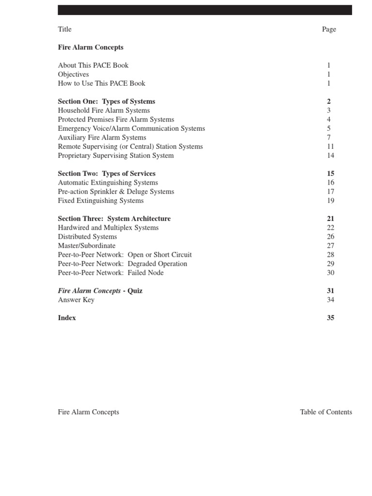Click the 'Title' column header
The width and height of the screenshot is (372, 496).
[x=64, y=29]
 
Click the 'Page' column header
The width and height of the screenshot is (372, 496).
[x=329, y=29]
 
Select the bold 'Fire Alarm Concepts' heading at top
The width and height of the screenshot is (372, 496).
[x=91, y=47]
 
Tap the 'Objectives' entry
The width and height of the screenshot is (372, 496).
[x=73, y=75]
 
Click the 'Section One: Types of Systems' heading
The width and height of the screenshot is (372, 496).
[x=107, y=102]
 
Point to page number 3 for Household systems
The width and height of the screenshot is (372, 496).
[x=329, y=110]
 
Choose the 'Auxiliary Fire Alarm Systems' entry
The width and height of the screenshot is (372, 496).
[x=102, y=138]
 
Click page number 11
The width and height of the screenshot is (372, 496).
[x=330, y=146]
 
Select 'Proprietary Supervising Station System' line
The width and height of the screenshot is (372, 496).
[x=116, y=155]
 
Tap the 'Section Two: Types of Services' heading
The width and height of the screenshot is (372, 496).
[x=107, y=173]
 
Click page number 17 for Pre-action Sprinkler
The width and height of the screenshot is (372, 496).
[x=330, y=191]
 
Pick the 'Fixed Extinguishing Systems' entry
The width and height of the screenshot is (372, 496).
[x=101, y=201]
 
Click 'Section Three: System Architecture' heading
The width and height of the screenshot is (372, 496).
[x=114, y=219]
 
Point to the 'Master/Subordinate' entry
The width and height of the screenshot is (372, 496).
[x=87, y=246]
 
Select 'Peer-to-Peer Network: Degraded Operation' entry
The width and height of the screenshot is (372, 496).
[x=123, y=263]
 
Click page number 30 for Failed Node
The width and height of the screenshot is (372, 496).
[x=330, y=273]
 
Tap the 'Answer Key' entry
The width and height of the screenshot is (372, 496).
[x=76, y=300]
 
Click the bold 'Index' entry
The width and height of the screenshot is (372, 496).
[x=67, y=318]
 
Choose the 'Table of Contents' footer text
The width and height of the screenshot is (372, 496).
[x=326, y=412]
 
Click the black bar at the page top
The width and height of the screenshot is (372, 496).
[x=205, y=10]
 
